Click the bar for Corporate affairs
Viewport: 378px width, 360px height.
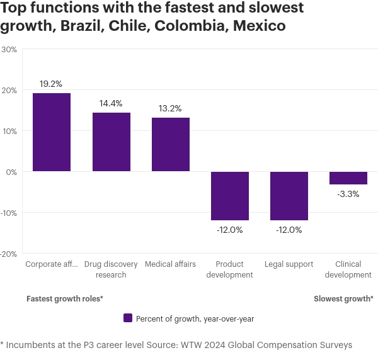52,132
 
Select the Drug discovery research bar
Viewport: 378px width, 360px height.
112,142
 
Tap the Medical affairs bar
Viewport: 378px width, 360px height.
171,145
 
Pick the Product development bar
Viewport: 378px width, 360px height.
230,196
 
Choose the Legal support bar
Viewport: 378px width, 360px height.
289,196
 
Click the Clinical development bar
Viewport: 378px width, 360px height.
348,178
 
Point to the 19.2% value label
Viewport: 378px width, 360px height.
52,83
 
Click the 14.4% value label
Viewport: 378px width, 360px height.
111,103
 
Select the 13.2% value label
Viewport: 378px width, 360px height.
171,108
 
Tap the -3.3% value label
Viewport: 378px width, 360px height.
348,194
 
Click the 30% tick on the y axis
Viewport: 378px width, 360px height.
9,50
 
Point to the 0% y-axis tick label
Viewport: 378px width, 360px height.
11,172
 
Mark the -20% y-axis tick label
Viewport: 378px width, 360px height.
9,254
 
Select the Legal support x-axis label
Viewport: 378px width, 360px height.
289,264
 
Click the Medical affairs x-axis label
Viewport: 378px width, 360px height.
171,264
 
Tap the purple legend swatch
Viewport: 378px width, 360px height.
128,318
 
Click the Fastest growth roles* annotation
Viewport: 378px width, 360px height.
64,299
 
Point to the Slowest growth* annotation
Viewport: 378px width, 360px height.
343,299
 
